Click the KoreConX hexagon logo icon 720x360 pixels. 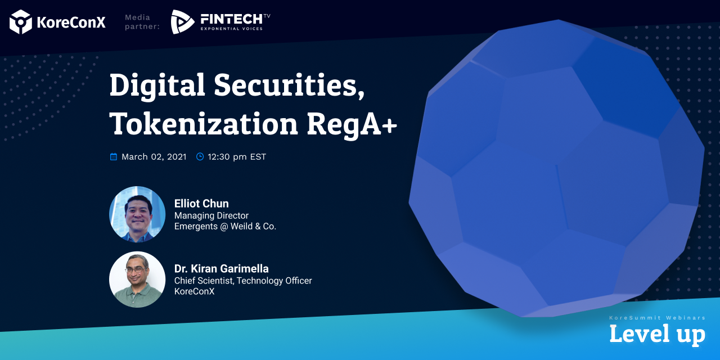click(21, 22)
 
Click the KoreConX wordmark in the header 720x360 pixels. click(71, 22)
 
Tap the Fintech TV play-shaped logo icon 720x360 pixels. click(182, 22)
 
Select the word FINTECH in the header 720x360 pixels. click(231, 19)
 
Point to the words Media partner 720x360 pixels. click(142, 22)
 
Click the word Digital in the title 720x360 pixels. click(157, 85)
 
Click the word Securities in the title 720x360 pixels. click(289, 84)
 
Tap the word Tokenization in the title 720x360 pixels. click(204, 124)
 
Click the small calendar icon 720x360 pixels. click(114, 156)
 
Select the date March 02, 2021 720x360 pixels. click(154, 157)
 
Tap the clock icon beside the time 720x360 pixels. click(200, 156)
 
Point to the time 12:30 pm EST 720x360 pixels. click(237, 157)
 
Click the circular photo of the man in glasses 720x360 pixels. click(137, 280)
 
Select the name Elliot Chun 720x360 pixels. click(201, 204)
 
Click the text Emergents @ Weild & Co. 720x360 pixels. click(225, 226)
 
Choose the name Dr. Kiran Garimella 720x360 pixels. click(222, 269)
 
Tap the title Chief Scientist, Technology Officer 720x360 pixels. click(243, 281)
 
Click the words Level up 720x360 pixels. click(658, 334)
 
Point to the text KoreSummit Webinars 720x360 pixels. click(658, 318)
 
